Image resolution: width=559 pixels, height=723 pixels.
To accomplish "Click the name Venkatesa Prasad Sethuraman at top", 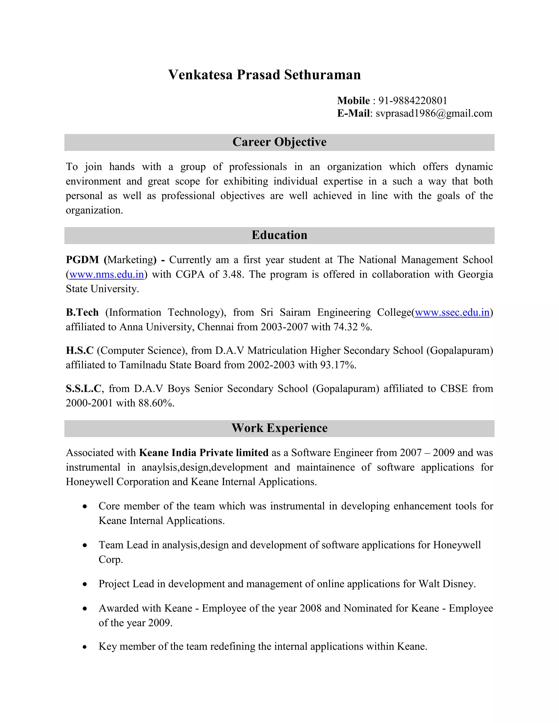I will click(x=264, y=75).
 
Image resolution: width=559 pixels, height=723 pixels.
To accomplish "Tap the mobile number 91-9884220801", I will click(x=413, y=101).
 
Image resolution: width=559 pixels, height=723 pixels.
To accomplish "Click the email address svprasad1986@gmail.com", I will click(x=434, y=113).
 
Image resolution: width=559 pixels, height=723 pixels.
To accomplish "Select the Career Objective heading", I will click(x=279, y=142).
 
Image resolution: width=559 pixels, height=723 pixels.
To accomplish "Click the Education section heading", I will click(x=279, y=235).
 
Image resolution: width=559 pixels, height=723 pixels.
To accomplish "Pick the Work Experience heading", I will click(x=279, y=428).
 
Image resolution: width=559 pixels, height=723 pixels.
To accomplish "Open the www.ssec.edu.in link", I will click(x=452, y=312).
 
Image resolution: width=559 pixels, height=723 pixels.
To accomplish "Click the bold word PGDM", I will click(x=82, y=260).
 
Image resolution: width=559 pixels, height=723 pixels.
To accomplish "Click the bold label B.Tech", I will click(x=82, y=312).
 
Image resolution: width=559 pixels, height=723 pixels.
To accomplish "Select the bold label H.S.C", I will click(x=79, y=351).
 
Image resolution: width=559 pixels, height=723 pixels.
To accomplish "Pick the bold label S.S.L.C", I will click(x=84, y=389).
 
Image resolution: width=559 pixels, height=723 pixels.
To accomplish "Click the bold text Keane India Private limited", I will click(x=204, y=453).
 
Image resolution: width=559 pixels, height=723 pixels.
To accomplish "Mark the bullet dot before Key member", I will click(x=85, y=647).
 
